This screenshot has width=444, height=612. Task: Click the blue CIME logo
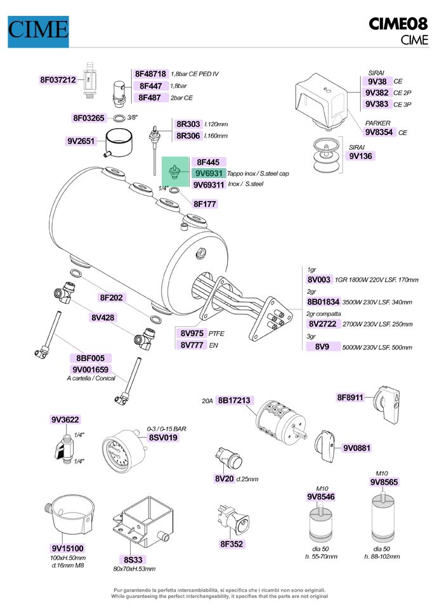pos(38,32)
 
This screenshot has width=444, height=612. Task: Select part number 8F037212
pos(58,80)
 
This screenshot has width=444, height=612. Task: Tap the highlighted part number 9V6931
pos(209,173)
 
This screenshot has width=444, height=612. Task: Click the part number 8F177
pos(205,204)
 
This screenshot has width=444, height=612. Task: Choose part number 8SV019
pos(163,438)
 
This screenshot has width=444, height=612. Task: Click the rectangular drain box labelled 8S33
pos(143,522)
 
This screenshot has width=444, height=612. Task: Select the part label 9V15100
pos(68,549)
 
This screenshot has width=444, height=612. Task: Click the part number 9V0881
pos(356,448)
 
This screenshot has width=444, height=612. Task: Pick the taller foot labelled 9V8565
pos(382,517)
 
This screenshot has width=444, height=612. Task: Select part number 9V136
pos(360,156)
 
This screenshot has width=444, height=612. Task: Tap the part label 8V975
pos(192,334)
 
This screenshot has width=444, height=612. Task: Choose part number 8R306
pos(188,136)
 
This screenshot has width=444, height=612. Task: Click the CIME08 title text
pos(398,24)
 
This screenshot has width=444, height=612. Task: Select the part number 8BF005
pos(91,358)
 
